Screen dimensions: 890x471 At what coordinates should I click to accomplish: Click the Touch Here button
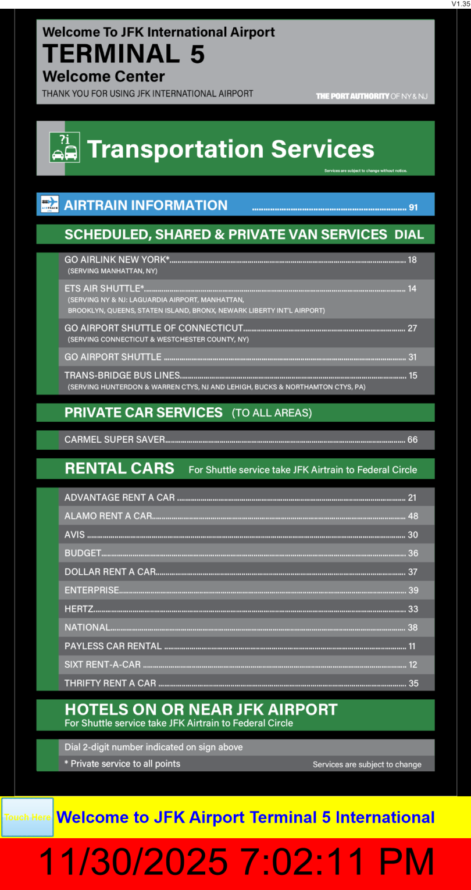pos(27,817)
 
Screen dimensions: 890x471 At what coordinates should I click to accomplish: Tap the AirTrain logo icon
pos(50,204)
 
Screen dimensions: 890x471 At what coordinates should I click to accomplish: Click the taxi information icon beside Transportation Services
pos(65,147)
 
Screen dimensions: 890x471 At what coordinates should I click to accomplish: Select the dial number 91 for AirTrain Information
pos(413,207)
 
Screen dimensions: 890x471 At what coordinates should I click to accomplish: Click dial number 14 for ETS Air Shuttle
pos(412,288)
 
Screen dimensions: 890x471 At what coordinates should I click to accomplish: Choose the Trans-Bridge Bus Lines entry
pos(122,375)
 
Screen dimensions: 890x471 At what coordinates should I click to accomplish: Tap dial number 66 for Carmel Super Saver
pos(412,440)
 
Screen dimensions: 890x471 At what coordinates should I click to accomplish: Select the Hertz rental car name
pos(79,608)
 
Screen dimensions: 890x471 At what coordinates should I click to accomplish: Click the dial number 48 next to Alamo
pos(413,516)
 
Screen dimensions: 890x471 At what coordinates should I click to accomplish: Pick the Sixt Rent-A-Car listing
pos(103,664)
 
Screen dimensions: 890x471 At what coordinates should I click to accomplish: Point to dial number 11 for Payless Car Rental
pos(412,646)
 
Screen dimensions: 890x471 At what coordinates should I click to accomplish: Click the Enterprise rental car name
pos(92,590)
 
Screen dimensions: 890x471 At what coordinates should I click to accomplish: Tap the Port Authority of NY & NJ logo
pos(372,96)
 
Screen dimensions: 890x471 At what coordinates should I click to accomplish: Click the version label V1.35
pos(461,4)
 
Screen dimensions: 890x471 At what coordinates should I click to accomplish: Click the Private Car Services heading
pos(144,412)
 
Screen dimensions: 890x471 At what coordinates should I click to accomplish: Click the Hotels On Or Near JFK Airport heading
pos(201,709)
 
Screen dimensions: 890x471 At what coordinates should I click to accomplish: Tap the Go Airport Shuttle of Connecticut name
pos(154,328)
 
